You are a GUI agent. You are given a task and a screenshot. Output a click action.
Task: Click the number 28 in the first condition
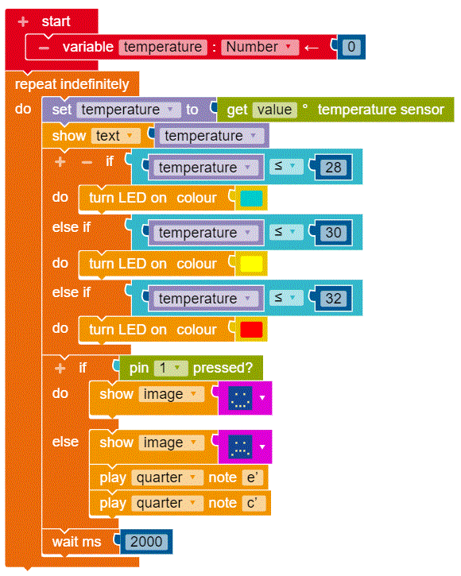coord(333,168)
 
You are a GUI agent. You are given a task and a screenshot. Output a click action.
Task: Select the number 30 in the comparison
coord(333,233)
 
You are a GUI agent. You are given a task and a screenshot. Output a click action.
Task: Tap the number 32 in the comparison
coord(333,298)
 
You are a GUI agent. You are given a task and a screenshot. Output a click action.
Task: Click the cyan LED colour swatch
coord(251,199)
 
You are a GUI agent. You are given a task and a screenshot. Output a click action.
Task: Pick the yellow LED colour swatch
coord(251,264)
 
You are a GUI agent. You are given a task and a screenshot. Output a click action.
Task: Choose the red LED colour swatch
coord(251,330)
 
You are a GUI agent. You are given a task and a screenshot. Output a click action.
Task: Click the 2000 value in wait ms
coord(146,542)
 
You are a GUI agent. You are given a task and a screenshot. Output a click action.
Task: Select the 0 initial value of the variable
coord(351,47)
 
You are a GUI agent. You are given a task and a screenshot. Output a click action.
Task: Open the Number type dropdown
coord(260,47)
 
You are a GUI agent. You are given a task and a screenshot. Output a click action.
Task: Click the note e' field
coord(253,477)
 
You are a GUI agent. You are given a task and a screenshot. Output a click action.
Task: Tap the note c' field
coord(253,503)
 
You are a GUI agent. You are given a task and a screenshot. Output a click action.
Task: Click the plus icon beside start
coord(23,21)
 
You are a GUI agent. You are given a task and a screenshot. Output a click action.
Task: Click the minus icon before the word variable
coord(45,48)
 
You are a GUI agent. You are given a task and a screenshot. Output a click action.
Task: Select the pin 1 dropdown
coord(171,368)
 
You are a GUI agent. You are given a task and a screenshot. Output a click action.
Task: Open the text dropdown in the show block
coord(116,136)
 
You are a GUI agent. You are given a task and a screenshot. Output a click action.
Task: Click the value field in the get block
coord(275,110)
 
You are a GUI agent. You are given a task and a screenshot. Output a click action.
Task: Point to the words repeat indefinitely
coord(72,84)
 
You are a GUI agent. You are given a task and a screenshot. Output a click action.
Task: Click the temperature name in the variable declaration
coord(163,47)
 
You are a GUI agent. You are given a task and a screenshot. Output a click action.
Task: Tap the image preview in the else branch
coord(240,446)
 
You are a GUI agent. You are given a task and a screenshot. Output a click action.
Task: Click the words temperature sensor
coord(381,110)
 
